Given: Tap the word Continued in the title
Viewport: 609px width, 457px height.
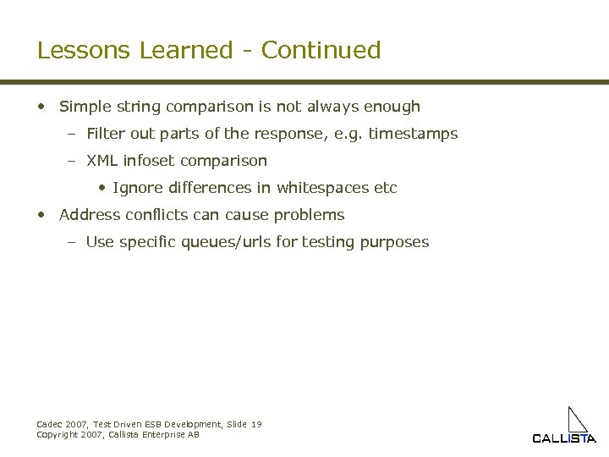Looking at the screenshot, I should coord(321,50).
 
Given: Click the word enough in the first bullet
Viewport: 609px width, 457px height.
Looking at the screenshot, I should coord(392,107).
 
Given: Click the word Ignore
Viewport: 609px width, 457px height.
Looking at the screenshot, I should coord(136,188).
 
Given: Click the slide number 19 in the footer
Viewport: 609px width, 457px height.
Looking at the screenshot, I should coord(256,424).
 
